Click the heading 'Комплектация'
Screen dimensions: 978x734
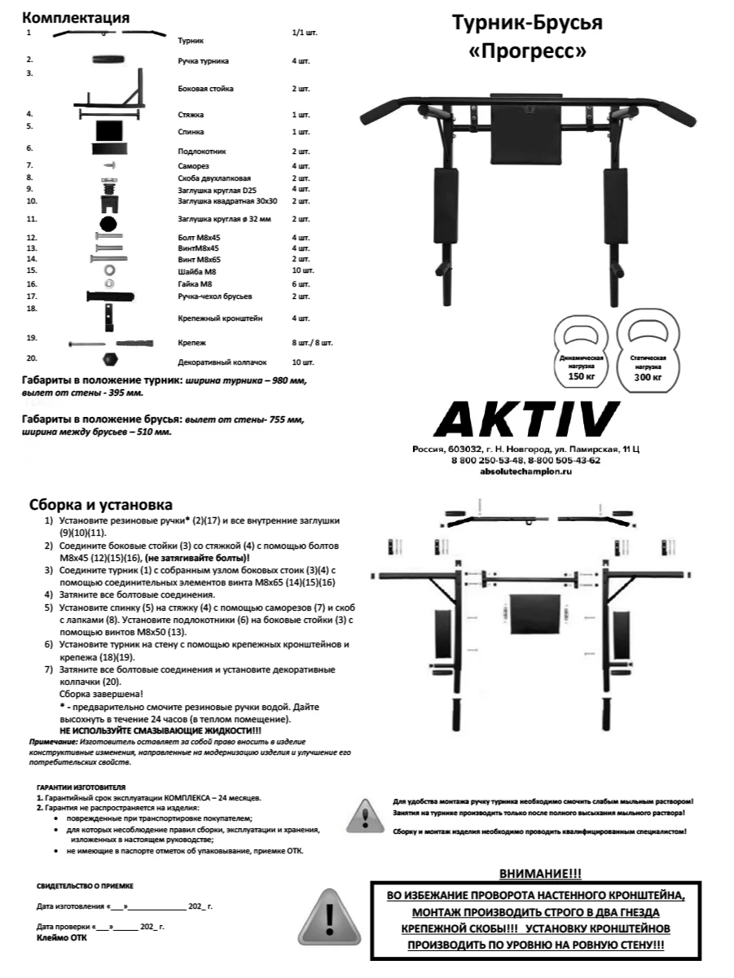pyautogui.click(x=75, y=17)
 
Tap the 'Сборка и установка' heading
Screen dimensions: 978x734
pyautogui.click(x=100, y=505)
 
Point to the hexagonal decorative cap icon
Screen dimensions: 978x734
pyautogui.click(x=108, y=358)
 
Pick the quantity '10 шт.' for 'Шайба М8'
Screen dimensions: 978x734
pyautogui.click(x=301, y=270)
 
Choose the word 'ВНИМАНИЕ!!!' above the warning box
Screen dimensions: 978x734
pyautogui.click(x=540, y=873)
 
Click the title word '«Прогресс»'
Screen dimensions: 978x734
pyautogui.click(x=527, y=51)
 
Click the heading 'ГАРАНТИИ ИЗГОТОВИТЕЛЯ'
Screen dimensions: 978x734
pyautogui.click(x=81, y=789)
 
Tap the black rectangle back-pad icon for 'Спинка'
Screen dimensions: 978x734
pyautogui.click(x=109, y=129)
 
